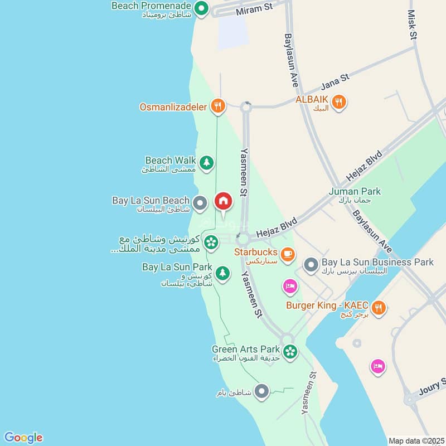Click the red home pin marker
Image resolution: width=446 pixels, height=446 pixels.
(x=223, y=201)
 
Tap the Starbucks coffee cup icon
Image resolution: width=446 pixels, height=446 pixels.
(x=287, y=254)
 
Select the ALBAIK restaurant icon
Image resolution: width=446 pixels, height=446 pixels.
(x=338, y=102)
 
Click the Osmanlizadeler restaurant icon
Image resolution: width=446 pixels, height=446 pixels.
(x=217, y=105)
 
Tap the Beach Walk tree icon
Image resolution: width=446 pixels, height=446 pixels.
(x=207, y=163)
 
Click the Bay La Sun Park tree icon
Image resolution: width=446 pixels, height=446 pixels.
(x=222, y=273)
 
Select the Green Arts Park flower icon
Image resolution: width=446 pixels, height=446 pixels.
(x=289, y=352)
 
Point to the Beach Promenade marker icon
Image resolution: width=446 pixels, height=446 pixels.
(x=201, y=8)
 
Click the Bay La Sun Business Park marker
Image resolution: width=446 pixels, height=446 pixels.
(x=311, y=264)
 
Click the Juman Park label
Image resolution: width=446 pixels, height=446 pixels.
(x=355, y=191)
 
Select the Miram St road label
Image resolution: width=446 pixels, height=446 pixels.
(x=254, y=8)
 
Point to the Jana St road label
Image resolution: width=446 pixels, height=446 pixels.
(x=334, y=82)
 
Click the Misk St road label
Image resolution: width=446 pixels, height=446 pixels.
(x=413, y=25)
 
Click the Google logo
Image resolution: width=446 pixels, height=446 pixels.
(x=23, y=437)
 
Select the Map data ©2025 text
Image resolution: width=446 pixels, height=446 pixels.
(x=415, y=440)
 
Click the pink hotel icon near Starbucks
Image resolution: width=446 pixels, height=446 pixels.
(x=290, y=287)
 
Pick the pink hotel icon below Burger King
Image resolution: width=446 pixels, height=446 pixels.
(x=378, y=366)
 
